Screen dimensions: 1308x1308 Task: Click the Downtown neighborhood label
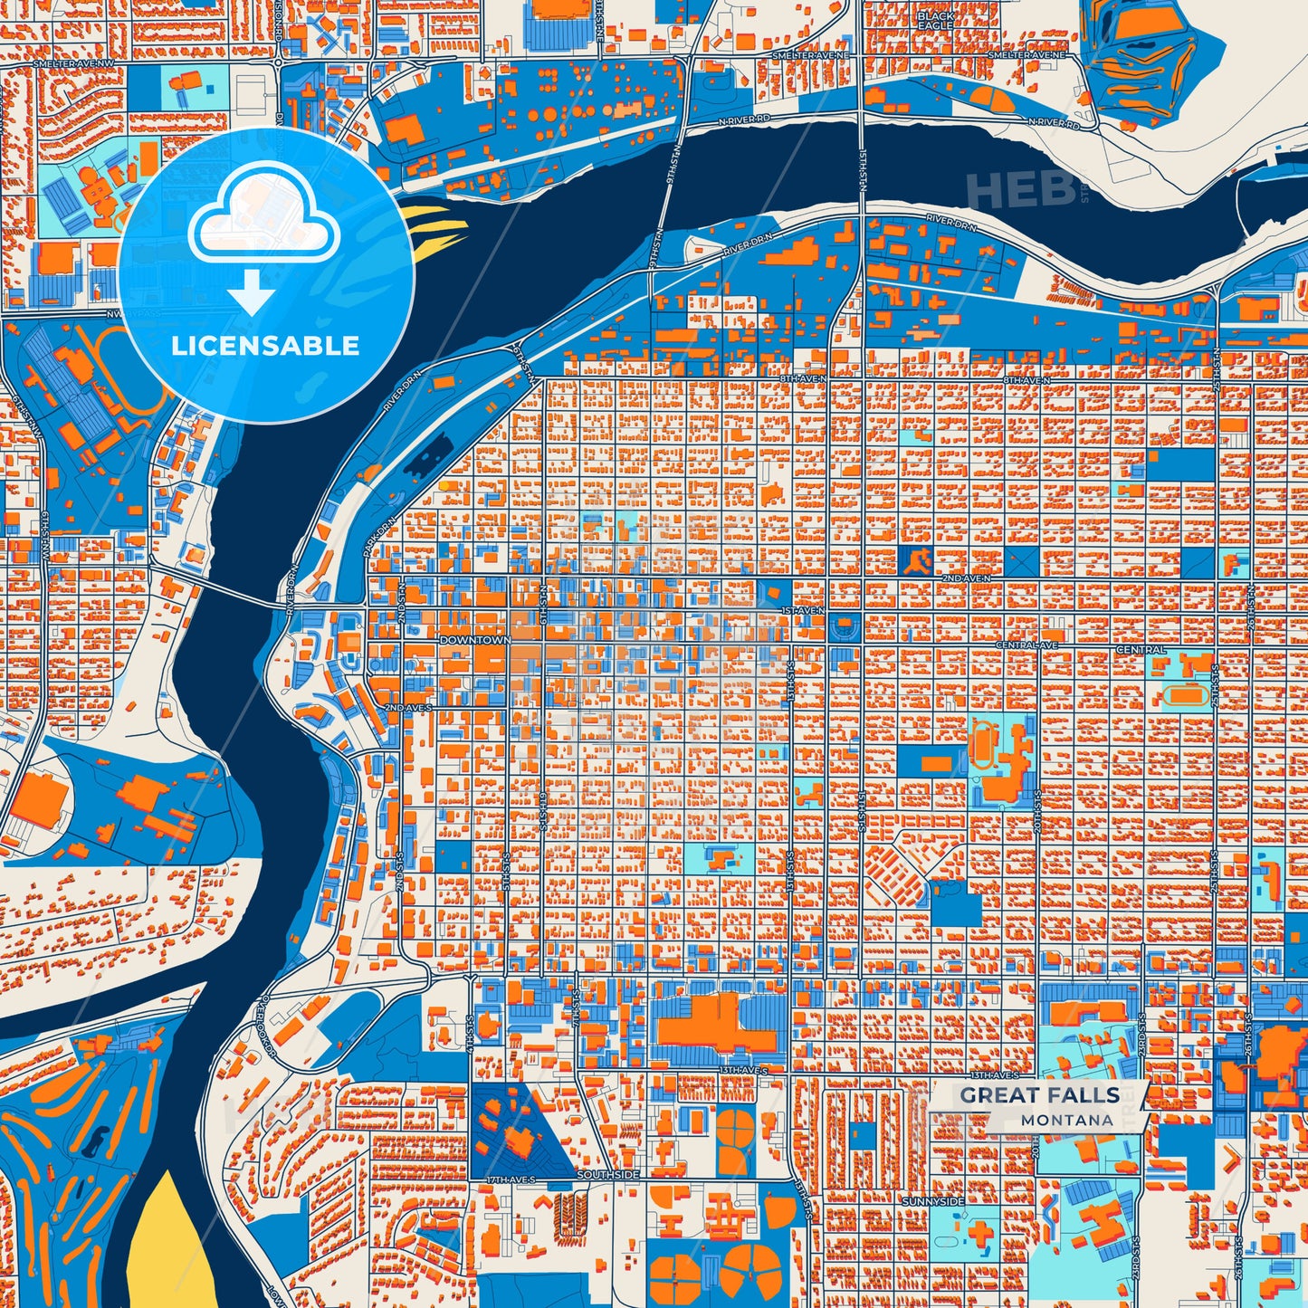pyautogui.click(x=474, y=640)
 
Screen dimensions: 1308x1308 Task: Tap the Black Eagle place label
pyautogui.click(x=935, y=21)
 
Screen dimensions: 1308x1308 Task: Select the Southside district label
pyautogui.click(x=608, y=1174)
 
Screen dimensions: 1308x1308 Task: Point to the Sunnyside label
pyautogui.click(x=932, y=1200)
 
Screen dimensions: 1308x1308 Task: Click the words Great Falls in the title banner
pyautogui.click(x=1039, y=1095)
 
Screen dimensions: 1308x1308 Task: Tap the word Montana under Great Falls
pyautogui.click(x=1067, y=1120)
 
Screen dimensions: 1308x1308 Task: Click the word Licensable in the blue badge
pyautogui.click(x=265, y=345)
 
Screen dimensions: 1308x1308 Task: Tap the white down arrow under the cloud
pyautogui.click(x=252, y=294)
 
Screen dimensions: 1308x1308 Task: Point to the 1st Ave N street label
pyautogui.click(x=802, y=611)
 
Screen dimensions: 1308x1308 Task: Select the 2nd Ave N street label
pyautogui.click(x=966, y=578)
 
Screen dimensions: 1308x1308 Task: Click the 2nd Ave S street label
pyautogui.click(x=409, y=707)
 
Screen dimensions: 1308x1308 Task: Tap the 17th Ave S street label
pyautogui.click(x=511, y=1180)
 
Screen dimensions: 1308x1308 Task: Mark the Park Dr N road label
pyautogui.click(x=379, y=538)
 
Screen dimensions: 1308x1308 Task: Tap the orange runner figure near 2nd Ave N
pyautogui.click(x=916, y=562)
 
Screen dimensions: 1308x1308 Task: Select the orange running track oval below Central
pyautogui.click(x=1179, y=695)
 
